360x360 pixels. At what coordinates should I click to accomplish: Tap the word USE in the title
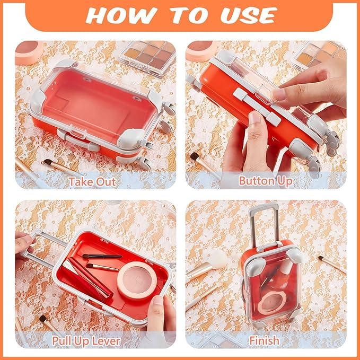[x=249, y=15]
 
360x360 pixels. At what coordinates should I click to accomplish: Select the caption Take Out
[x=92, y=182]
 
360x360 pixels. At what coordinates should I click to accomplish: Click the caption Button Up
[x=266, y=181]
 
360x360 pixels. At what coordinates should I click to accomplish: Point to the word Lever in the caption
[x=106, y=341]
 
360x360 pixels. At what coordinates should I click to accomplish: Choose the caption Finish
[x=265, y=340]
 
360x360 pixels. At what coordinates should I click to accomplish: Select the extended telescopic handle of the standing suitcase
[x=264, y=225]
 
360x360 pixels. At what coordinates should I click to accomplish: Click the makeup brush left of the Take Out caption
[x=60, y=166]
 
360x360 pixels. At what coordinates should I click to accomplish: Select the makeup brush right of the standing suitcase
[x=332, y=264]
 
